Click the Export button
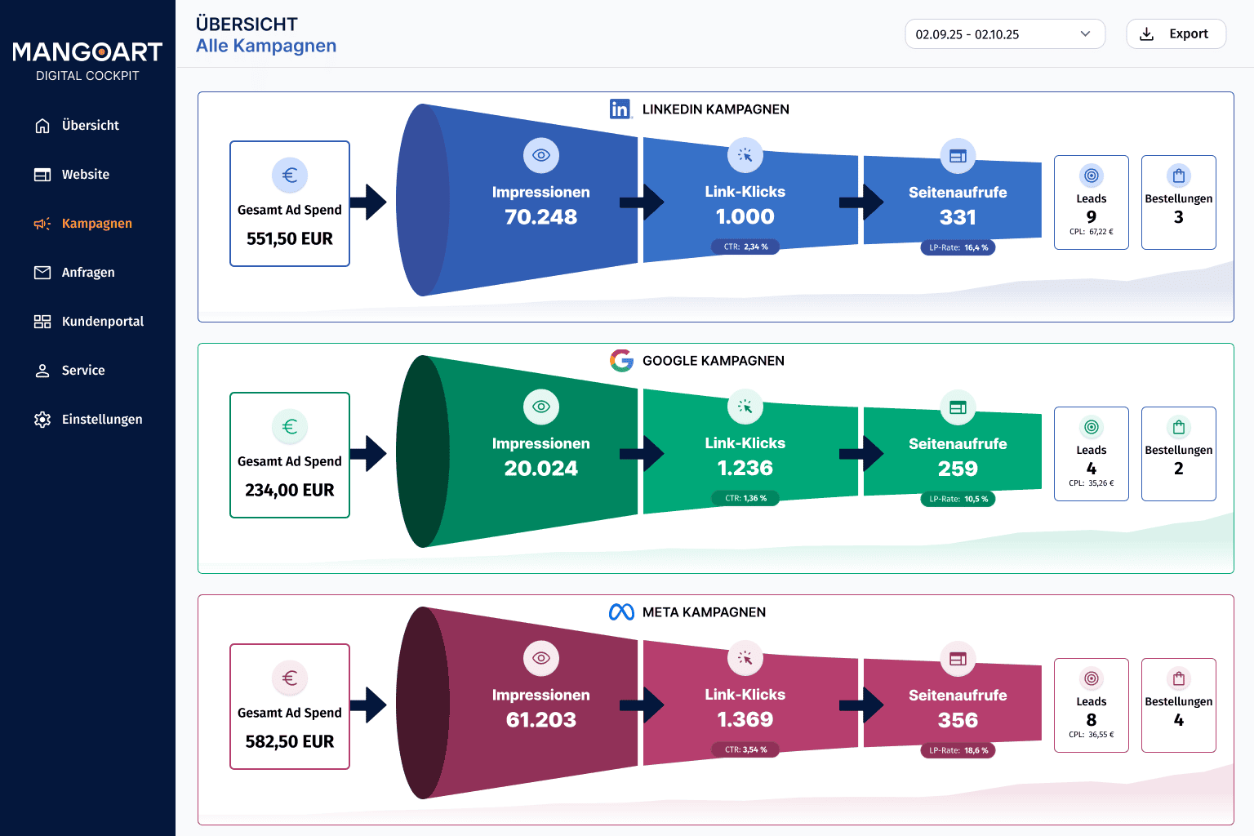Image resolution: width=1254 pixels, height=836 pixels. click(x=1176, y=34)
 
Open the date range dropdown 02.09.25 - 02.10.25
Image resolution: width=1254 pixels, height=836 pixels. click(x=1005, y=34)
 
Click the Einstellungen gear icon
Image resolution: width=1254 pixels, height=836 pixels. click(x=42, y=420)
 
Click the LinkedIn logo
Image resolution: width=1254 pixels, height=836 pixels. click(x=620, y=109)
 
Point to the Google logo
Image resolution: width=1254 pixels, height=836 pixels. click(x=621, y=361)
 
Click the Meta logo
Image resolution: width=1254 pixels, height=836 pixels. click(x=621, y=612)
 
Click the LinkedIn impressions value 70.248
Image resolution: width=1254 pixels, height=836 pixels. click(x=540, y=216)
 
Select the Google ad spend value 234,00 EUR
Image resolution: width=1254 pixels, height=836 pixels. click(x=290, y=490)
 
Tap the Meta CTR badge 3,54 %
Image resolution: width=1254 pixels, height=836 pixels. click(x=745, y=749)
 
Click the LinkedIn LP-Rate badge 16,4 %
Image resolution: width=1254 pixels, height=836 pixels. click(x=958, y=247)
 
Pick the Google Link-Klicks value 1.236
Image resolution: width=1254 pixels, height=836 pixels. click(x=745, y=468)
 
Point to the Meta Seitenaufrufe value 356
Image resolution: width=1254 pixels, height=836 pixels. click(x=958, y=720)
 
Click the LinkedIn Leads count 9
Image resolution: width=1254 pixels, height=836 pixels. click(x=1091, y=216)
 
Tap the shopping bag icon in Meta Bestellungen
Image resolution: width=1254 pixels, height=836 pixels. click(x=1178, y=678)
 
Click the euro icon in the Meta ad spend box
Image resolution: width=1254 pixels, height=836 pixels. click(x=290, y=678)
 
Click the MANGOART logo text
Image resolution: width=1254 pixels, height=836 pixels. click(x=87, y=52)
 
